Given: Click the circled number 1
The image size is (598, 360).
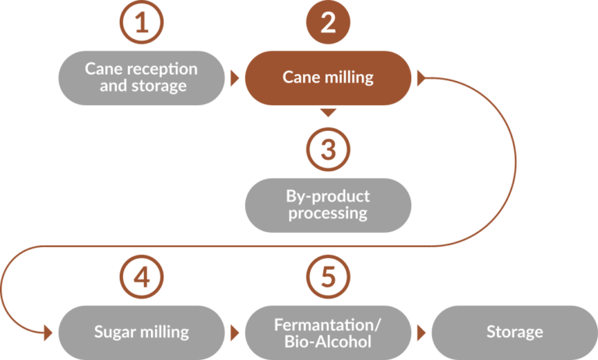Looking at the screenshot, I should pyautogui.click(x=141, y=23).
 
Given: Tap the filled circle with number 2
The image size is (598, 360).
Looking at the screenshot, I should pyautogui.click(x=328, y=23).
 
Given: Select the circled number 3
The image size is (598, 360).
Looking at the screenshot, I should pyautogui.click(x=328, y=148).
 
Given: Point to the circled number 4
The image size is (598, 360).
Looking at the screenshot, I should pyautogui.click(x=141, y=275).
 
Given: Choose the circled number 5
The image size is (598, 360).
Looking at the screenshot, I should pyautogui.click(x=328, y=275).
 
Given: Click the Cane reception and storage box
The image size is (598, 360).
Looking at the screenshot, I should pyautogui.click(x=141, y=77).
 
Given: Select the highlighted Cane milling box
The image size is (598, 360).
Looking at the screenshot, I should pyautogui.click(x=328, y=77).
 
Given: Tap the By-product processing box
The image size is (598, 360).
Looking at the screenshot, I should pyautogui.click(x=328, y=204).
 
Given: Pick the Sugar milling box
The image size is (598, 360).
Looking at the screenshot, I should pyautogui.click(x=141, y=332).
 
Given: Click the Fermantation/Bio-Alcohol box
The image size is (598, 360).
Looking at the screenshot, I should pyautogui.click(x=328, y=332).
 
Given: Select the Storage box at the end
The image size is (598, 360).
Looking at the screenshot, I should pyautogui.click(x=514, y=332).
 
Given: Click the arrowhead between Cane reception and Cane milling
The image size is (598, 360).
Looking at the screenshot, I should pyautogui.click(x=234, y=78).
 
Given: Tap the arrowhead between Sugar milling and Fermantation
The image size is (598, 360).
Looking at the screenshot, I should pyautogui.click(x=234, y=333).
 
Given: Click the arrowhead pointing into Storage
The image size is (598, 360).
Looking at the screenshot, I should pyautogui.click(x=421, y=333).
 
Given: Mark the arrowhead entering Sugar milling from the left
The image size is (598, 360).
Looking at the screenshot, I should pyautogui.click(x=48, y=333).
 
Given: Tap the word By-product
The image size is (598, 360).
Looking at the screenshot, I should pyautogui.click(x=328, y=196).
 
